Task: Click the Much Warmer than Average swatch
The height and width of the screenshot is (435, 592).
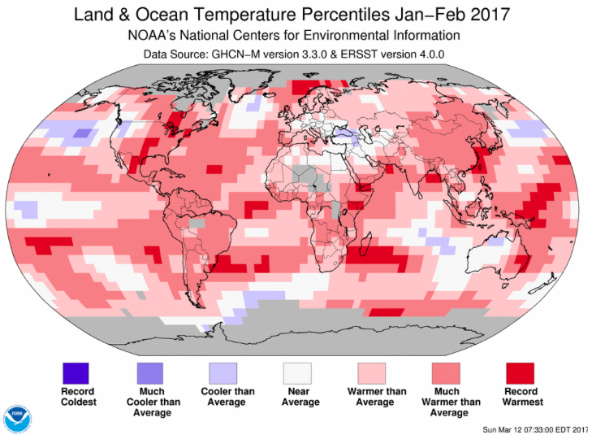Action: point(446,373)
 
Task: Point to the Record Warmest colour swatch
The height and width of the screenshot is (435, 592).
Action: point(520,373)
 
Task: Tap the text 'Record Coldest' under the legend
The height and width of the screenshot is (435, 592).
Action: point(79,397)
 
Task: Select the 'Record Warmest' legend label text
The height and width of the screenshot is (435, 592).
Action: point(521,397)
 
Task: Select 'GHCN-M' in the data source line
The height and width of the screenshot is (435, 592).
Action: point(238,54)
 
